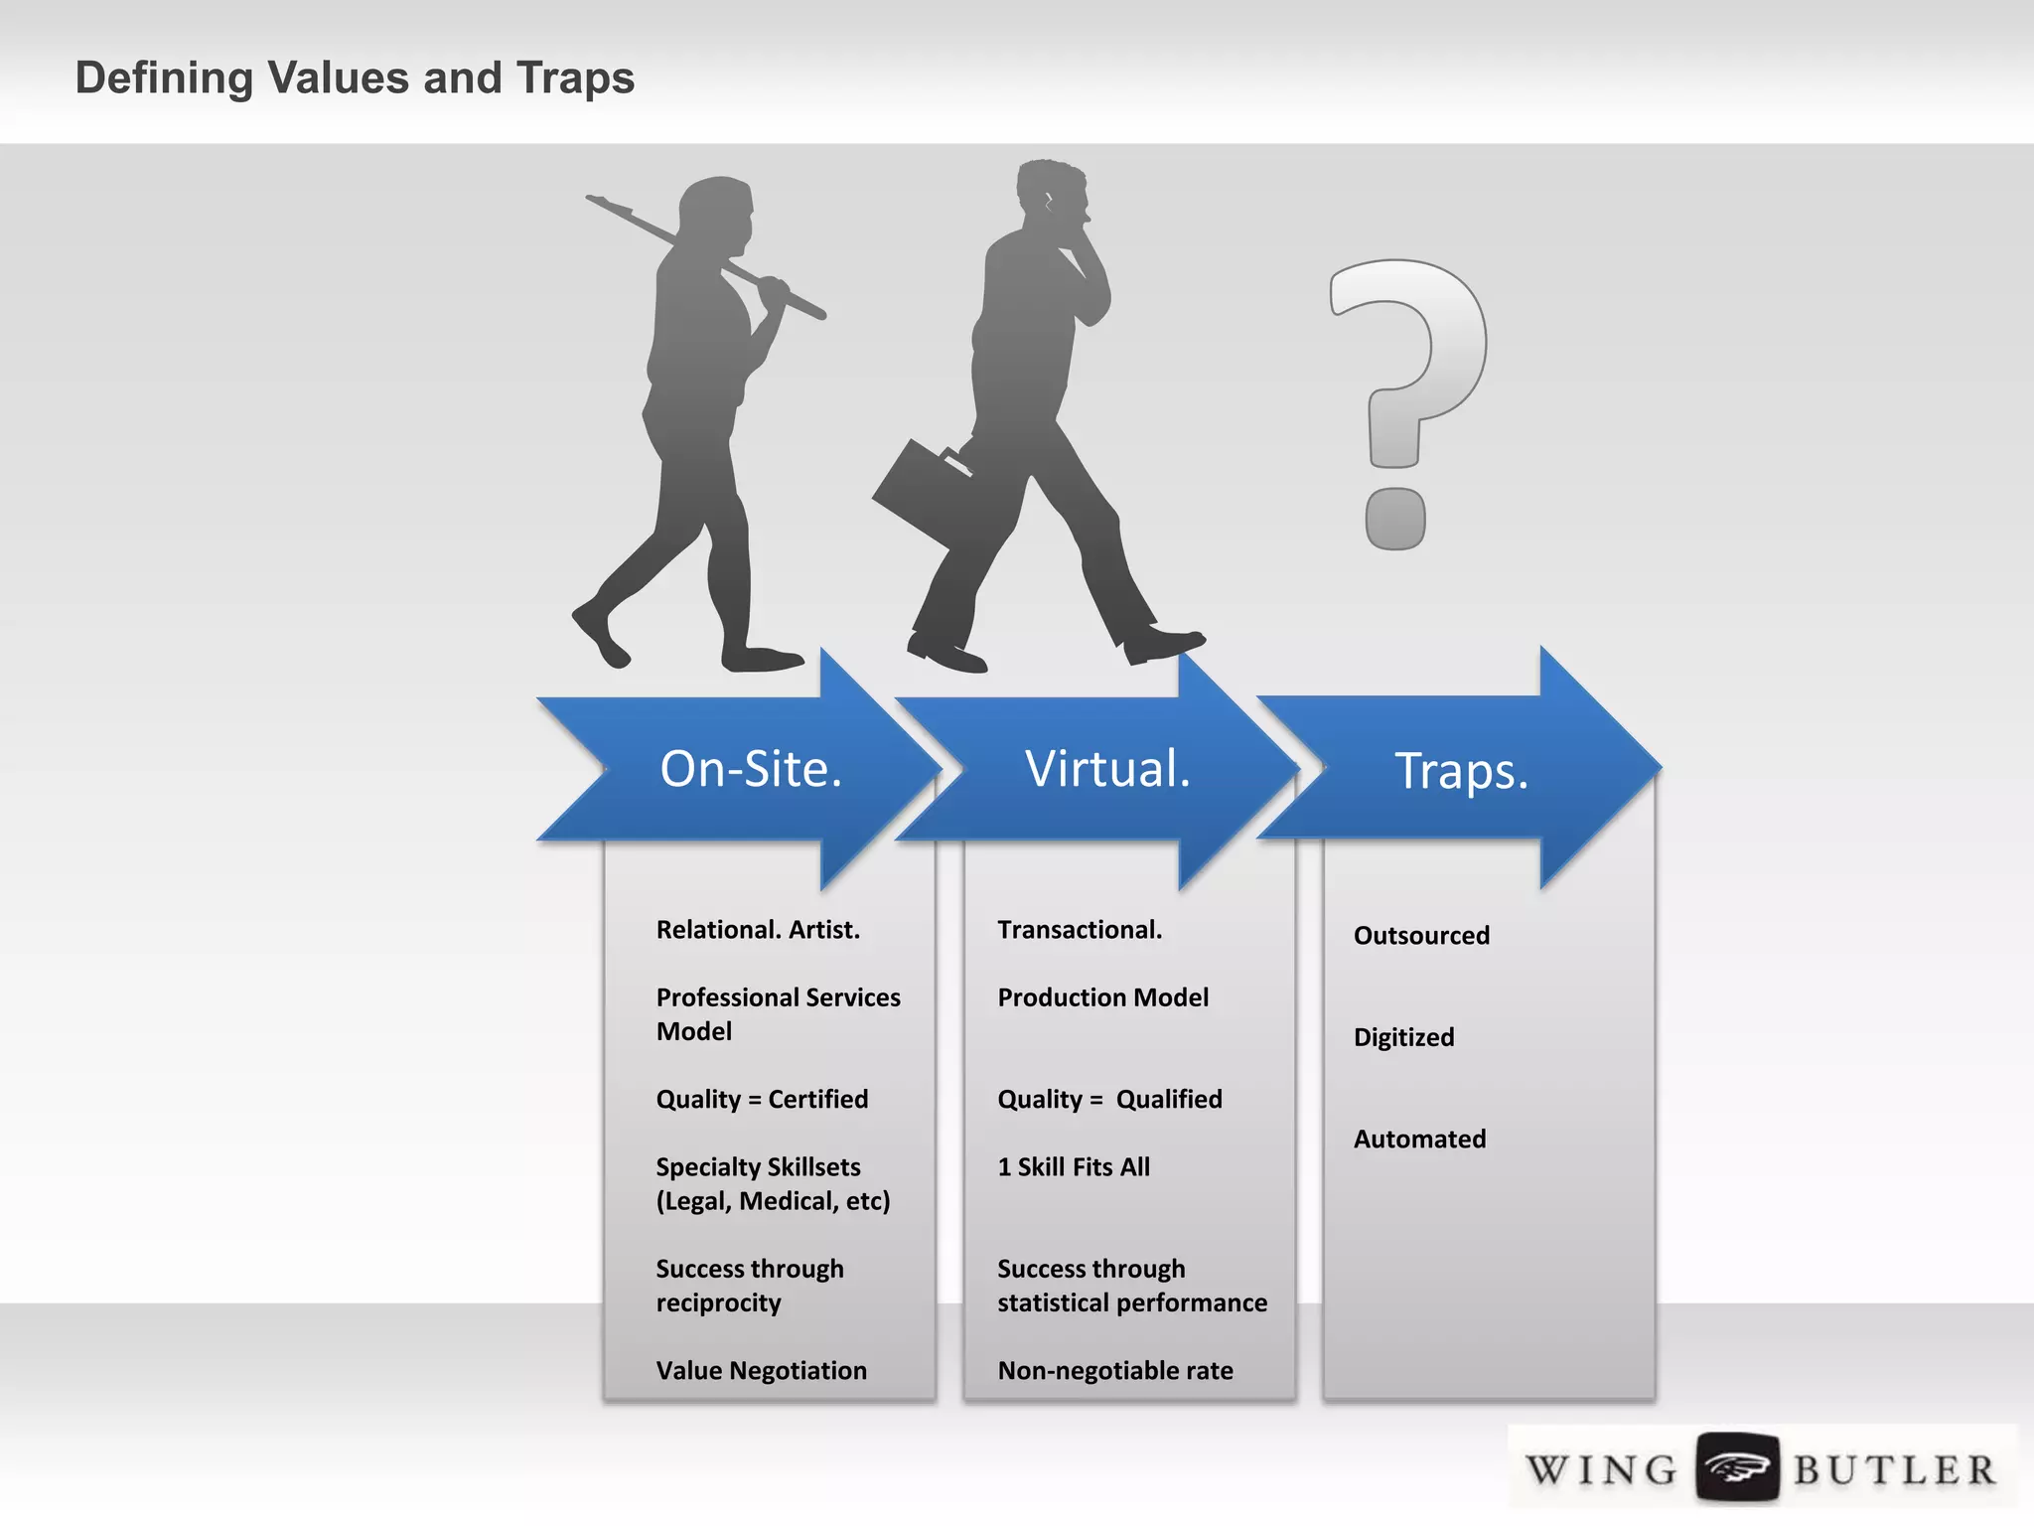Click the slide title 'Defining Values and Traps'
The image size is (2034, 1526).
[x=355, y=77]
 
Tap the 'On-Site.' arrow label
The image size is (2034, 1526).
[x=751, y=768]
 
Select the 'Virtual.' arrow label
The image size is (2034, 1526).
[x=1107, y=768]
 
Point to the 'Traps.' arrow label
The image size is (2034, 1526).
[x=1461, y=770]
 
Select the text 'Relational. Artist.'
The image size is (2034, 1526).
[x=758, y=930]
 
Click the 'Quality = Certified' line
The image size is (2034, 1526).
[x=762, y=1099]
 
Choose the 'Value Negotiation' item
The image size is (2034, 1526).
[x=761, y=1370]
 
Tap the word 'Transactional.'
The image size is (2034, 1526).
[x=1080, y=930]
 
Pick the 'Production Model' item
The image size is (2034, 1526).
[x=1102, y=997]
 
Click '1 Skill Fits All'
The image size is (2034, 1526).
[x=1074, y=1166]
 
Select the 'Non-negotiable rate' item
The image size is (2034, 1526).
[x=1115, y=1370]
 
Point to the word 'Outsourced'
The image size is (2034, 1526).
[x=1421, y=935]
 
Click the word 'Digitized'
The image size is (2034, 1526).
[x=1403, y=1037]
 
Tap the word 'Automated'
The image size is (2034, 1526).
[x=1419, y=1139]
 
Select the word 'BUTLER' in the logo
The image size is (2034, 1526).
[x=1894, y=1469]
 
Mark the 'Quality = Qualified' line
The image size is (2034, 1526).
[x=1109, y=1099]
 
